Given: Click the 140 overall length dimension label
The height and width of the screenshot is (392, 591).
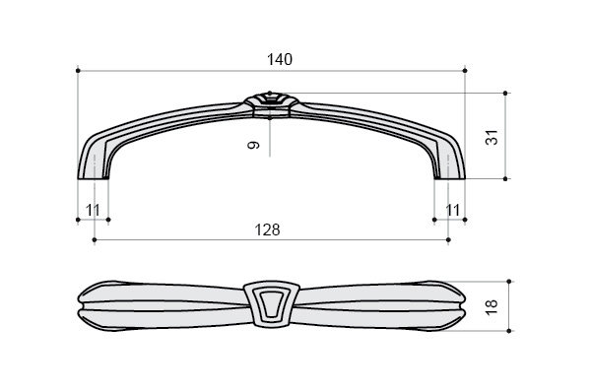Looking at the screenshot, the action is (x=280, y=59).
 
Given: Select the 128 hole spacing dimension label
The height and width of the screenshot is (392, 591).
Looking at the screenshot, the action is (x=268, y=229).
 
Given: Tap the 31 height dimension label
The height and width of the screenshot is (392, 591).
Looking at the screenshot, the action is (x=492, y=137).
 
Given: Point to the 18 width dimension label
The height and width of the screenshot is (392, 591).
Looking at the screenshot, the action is (x=492, y=307).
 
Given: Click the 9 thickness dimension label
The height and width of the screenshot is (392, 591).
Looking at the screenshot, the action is (x=254, y=145).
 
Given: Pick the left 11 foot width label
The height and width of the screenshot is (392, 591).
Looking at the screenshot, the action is (x=93, y=210).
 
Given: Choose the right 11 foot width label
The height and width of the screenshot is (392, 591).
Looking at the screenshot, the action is (x=453, y=210).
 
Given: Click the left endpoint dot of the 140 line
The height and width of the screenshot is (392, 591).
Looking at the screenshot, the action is (x=78, y=71).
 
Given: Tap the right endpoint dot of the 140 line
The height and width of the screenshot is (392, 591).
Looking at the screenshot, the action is (x=465, y=71).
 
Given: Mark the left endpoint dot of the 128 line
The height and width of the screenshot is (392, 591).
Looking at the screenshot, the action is (x=95, y=239).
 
